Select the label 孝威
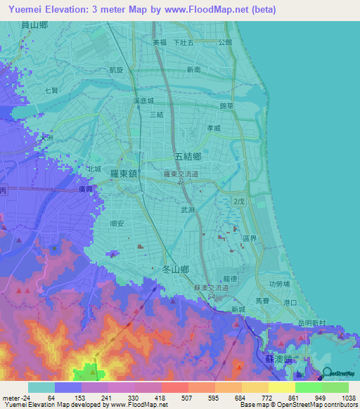pos(213,128)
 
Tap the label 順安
pos(117,223)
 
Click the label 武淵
pos(188,209)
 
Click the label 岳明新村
pos(312,323)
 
